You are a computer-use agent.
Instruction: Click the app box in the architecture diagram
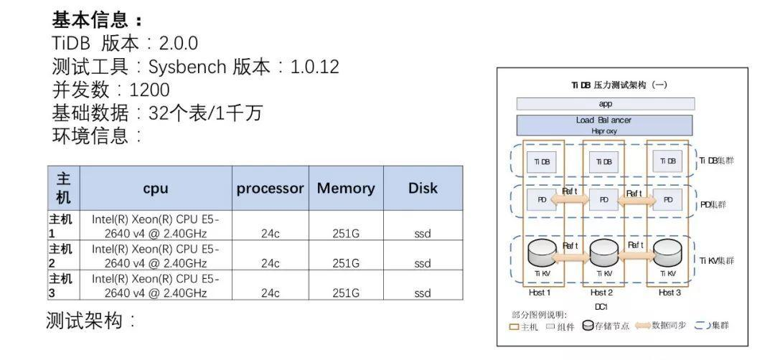coord(605,104)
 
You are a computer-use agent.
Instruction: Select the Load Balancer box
coord(604,125)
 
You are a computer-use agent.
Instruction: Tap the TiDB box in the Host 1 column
coord(542,161)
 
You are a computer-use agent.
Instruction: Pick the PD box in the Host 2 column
coord(604,199)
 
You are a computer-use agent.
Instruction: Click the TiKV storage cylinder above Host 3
coord(667,252)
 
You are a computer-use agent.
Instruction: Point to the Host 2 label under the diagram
coord(601,292)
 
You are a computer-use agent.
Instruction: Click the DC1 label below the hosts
coord(601,305)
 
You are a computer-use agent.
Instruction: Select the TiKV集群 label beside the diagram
coord(717,260)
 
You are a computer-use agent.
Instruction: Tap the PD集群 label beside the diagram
coord(713,204)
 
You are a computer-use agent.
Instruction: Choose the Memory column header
coord(346,188)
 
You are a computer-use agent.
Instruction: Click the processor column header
coord(271,188)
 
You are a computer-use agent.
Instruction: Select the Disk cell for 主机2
coord(423,263)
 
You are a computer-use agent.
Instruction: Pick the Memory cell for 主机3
coord(346,293)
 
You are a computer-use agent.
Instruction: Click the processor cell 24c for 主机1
coord(271,233)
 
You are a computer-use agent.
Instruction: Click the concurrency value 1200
coord(150,90)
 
